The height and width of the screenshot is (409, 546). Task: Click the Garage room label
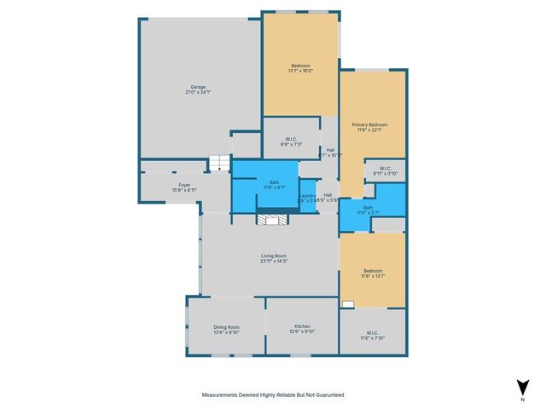click(x=198, y=86)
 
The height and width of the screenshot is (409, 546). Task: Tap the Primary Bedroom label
click(x=371, y=124)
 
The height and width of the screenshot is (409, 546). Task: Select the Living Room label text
click(x=273, y=256)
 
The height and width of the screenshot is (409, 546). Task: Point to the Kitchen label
click(x=302, y=326)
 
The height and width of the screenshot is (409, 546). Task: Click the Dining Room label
click(x=226, y=326)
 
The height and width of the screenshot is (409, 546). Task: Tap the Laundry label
click(x=308, y=195)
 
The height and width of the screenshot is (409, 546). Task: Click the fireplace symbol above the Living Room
click(x=273, y=220)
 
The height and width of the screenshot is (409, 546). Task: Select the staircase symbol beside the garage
click(x=221, y=164)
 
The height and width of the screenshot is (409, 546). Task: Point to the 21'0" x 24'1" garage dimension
click(x=198, y=92)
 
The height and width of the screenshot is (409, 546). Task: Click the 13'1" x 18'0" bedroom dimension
click(x=300, y=71)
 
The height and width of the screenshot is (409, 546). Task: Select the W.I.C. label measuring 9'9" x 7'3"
click(x=291, y=140)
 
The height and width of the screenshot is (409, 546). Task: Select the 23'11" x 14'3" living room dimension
click(x=273, y=262)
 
